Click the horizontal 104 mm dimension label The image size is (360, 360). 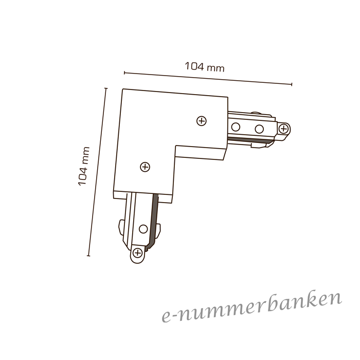pyautogui.click(x=205, y=67)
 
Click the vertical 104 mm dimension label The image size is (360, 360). pyautogui.click(x=83, y=166)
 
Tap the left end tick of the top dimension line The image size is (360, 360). pyautogui.click(x=124, y=73)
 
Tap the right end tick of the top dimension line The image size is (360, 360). pyautogui.click(x=292, y=84)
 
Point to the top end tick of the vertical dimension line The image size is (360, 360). pyautogui.click(x=105, y=88)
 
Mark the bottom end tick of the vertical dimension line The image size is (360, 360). pyautogui.click(x=88, y=256)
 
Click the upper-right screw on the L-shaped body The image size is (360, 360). pyautogui.click(x=202, y=121)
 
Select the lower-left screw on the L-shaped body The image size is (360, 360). pyautogui.click(x=145, y=167)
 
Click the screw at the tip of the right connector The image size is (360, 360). pyautogui.click(x=284, y=129)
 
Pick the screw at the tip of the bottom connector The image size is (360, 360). pyautogui.click(x=138, y=253)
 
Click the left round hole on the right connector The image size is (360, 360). pyautogui.click(x=236, y=127)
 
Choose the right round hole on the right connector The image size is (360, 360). pyautogui.click(x=259, y=129)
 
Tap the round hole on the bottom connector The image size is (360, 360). pyautogui.click(x=143, y=229)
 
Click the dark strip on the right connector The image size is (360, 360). pyautogui.click(x=251, y=140)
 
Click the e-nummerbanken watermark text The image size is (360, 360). pyautogui.click(x=252, y=307)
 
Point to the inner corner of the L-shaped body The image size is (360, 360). pyautogui.click(x=176, y=146)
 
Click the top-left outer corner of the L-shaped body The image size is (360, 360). pyautogui.click(x=122, y=89)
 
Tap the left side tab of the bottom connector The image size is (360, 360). pyautogui.click(x=122, y=227)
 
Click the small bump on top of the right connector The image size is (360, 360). pyautogui.click(x=257, y=113)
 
